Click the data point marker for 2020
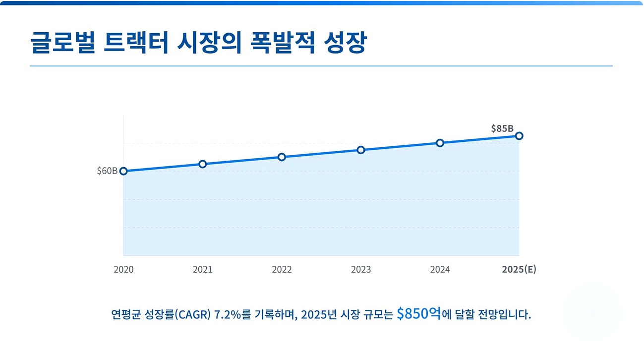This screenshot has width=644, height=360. point(123,171)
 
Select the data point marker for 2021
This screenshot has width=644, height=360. point(203,164)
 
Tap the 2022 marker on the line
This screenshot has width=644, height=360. point(282,157)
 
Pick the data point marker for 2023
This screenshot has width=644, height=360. point(361,150)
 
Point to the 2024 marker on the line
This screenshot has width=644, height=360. point(440,143)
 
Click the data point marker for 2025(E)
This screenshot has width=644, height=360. point(519,136)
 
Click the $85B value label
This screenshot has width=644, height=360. point(502,128)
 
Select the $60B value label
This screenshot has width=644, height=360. point(107,171)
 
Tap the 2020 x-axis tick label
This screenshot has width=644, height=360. point(123,270)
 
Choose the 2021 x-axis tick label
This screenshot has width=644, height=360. point(203,270)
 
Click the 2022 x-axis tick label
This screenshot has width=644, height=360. point(282,270)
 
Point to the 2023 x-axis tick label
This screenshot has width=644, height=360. point(361,270)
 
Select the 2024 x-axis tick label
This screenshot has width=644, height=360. point(440,270)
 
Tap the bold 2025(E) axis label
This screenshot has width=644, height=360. point(519,270)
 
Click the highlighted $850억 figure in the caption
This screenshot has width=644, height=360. point(418,314)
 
